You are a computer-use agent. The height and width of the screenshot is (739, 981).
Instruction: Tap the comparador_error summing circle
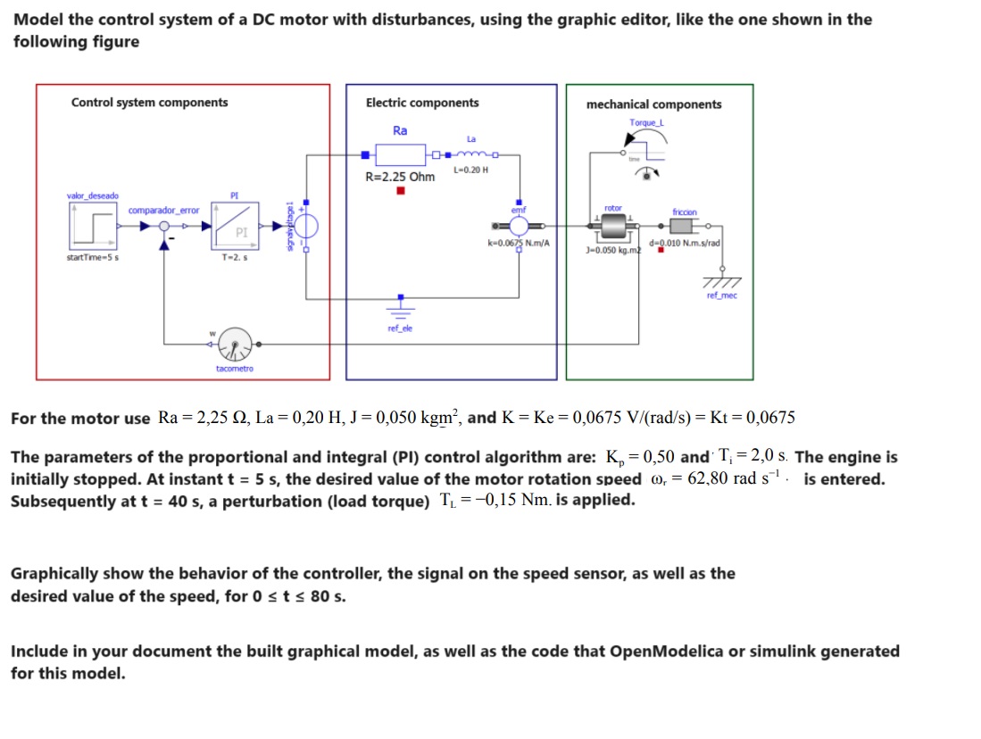(x=163, y=227)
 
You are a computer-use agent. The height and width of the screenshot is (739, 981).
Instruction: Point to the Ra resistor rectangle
(x=400, y=154)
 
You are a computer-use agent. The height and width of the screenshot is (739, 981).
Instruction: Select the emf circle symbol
(x=520, y=226)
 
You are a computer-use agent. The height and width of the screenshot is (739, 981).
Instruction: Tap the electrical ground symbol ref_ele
(x=400, y=311)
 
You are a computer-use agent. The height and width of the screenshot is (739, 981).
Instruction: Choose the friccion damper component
(x=685, y=228)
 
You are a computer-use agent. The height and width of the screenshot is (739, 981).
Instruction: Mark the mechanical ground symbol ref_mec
(x=721, y=281)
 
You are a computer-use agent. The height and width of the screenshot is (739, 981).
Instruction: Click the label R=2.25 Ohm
(x=400, y=177)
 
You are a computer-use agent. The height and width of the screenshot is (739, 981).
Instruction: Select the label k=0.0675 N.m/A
(x=519, y=244)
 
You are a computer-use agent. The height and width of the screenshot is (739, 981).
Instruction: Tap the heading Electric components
(x=422, y=103)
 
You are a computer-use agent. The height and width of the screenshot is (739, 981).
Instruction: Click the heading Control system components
(x=149, y=103)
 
